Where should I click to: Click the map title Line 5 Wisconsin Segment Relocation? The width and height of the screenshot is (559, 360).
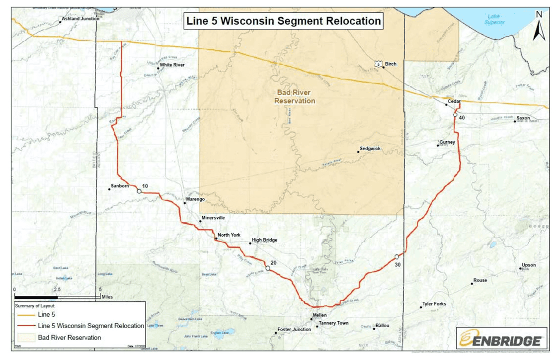tap(283, 21)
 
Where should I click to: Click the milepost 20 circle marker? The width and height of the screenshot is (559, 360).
tap(267, 268)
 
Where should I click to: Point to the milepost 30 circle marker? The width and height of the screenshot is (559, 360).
tap(397, 257)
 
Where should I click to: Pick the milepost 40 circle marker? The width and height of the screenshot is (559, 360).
tap(455, 115)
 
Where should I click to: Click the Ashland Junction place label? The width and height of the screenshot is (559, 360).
tap(80, 19)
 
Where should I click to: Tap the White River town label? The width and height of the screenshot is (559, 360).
tap(172, 65)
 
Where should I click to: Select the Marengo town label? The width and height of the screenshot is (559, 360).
tap(195, 199)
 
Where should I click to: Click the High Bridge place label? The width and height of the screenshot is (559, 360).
tap(264, 240)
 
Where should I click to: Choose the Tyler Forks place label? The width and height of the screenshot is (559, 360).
tap(434, 304)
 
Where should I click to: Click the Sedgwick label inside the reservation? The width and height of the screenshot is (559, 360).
tap(370, 149)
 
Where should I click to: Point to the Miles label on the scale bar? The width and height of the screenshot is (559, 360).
tap(107, 297)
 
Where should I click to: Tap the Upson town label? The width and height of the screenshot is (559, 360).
tap(529, 265)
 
